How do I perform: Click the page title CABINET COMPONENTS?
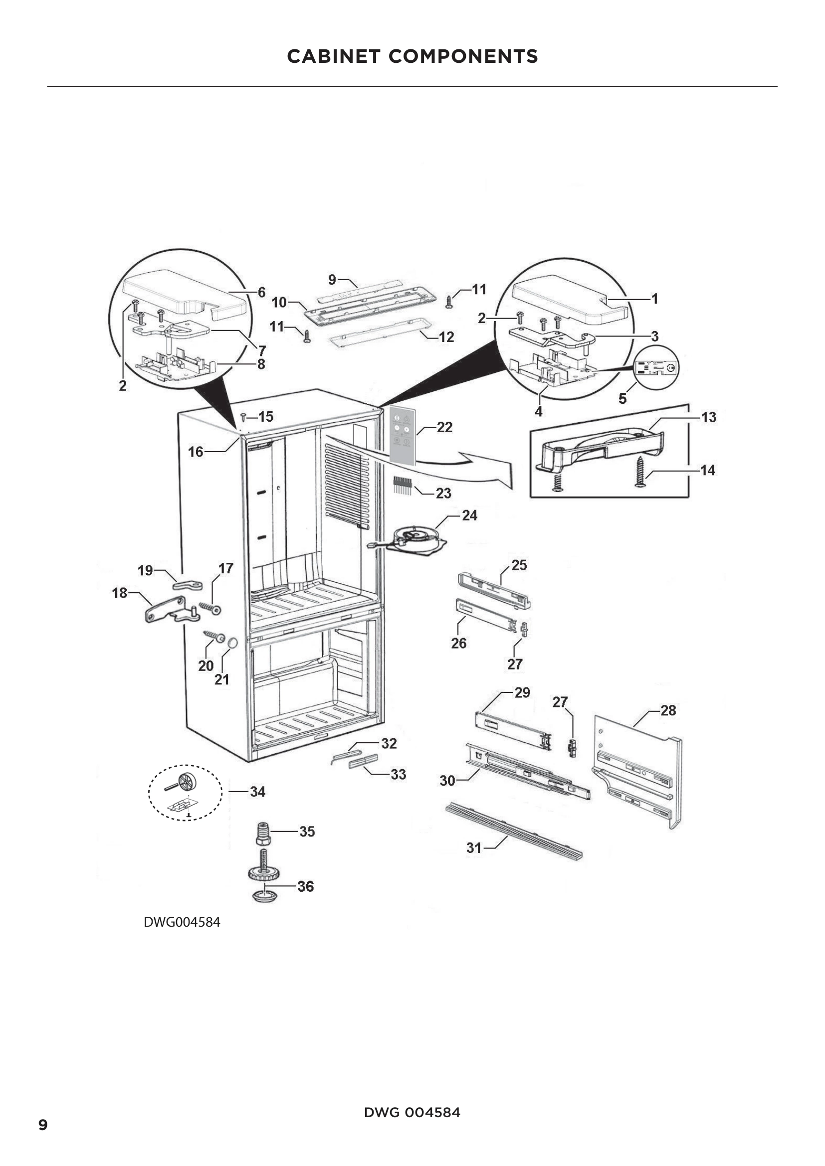pyautogui.click(x=412, y=56)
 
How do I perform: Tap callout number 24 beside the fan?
pyautogui.click(x=469, y=515)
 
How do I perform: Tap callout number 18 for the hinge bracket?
pyautogui.click(x=119, y=593)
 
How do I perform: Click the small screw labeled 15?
pyautogui.click(x=243, y=417)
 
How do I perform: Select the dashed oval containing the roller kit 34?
pyautogui.click(x=186, y=792)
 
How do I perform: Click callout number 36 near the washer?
pyautogui.click(x=305, y=886)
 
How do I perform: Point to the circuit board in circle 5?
pyautogui.click(x=657, y=368)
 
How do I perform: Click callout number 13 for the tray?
pyautogui.click(x=709, y=417)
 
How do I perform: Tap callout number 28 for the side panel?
pyautogui.click(x=668, y=710)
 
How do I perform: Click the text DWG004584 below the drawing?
pyautogui.click(x=182, y=922)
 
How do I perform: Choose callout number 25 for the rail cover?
pyautogui.click(x=519, y=565)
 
